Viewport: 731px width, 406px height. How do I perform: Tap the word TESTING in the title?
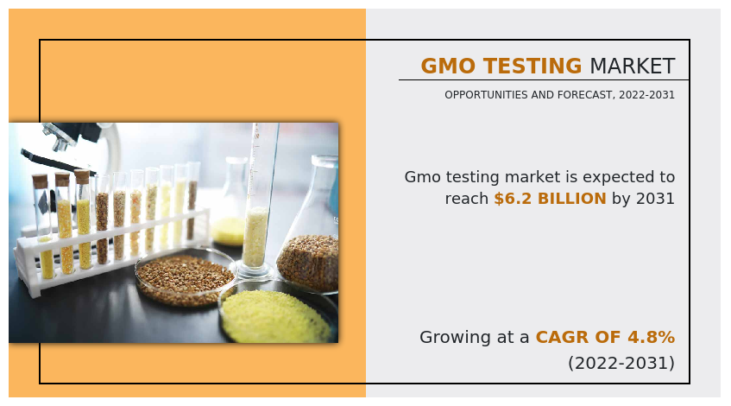click(x=532, y=66)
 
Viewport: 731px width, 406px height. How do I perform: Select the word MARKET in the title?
click(x=632, y=66)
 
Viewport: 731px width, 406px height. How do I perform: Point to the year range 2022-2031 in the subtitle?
click(x=646, y=95)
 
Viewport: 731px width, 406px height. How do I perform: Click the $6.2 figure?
click(x=513, y=199)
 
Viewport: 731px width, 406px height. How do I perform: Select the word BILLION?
click(x=571, y=199)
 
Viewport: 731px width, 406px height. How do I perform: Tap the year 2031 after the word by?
click(x=655, y=199)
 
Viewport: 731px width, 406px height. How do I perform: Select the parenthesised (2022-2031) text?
click(x=621, y=363)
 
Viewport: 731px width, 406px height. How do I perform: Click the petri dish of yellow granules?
click(x=277, y=314)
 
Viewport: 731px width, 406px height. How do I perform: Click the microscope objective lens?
click(x=60, y=141)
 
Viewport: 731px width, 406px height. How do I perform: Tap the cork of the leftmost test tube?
click(x=40, y=181)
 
